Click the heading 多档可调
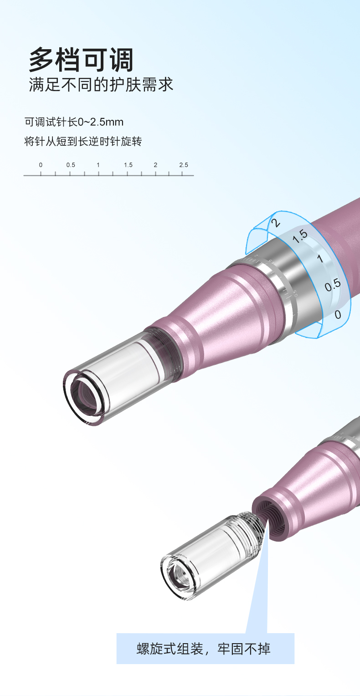81,60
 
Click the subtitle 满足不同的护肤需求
101,85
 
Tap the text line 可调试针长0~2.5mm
74,122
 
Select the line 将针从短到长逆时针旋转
83,141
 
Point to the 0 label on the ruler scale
41,165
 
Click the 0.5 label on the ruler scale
71,165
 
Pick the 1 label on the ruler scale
98,165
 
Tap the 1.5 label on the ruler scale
128,165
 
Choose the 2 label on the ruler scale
155,165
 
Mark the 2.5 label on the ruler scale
184,165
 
